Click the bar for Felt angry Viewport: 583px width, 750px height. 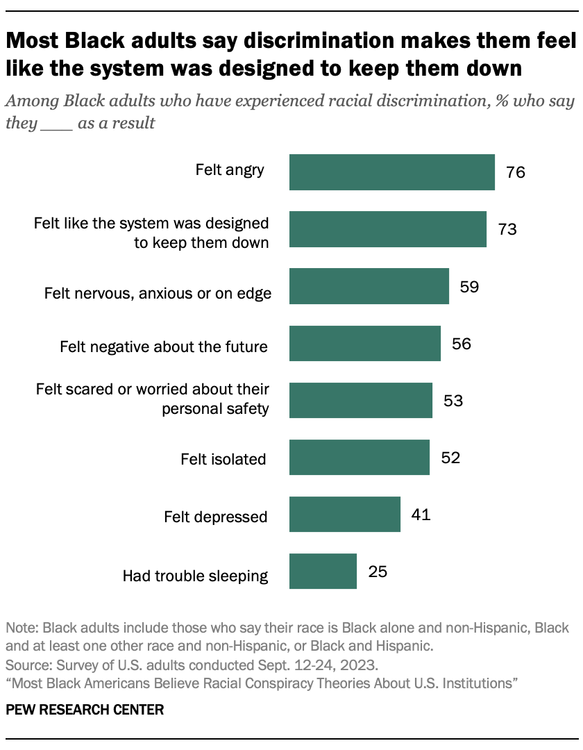[391, 172]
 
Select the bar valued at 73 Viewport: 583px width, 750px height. [387, 229]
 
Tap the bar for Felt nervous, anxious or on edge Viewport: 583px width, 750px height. [369, 286]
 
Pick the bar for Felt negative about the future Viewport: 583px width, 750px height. [364, 343]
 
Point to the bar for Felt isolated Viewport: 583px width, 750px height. [359, 457]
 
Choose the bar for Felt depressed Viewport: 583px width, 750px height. [344, 514]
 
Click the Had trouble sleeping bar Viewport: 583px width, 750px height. [323, 571]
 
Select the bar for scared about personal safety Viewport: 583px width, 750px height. [360, 400]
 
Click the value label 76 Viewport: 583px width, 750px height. [515, 172]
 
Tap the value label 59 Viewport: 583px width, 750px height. [469, 286]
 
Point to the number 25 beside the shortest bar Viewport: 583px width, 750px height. [377, 572]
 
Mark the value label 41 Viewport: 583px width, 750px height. [421, 515]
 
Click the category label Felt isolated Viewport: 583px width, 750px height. [223, 459]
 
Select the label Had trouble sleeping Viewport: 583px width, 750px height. [195, 576]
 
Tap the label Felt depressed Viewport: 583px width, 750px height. [215, 517]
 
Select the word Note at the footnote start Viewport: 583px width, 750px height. [20, 628]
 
